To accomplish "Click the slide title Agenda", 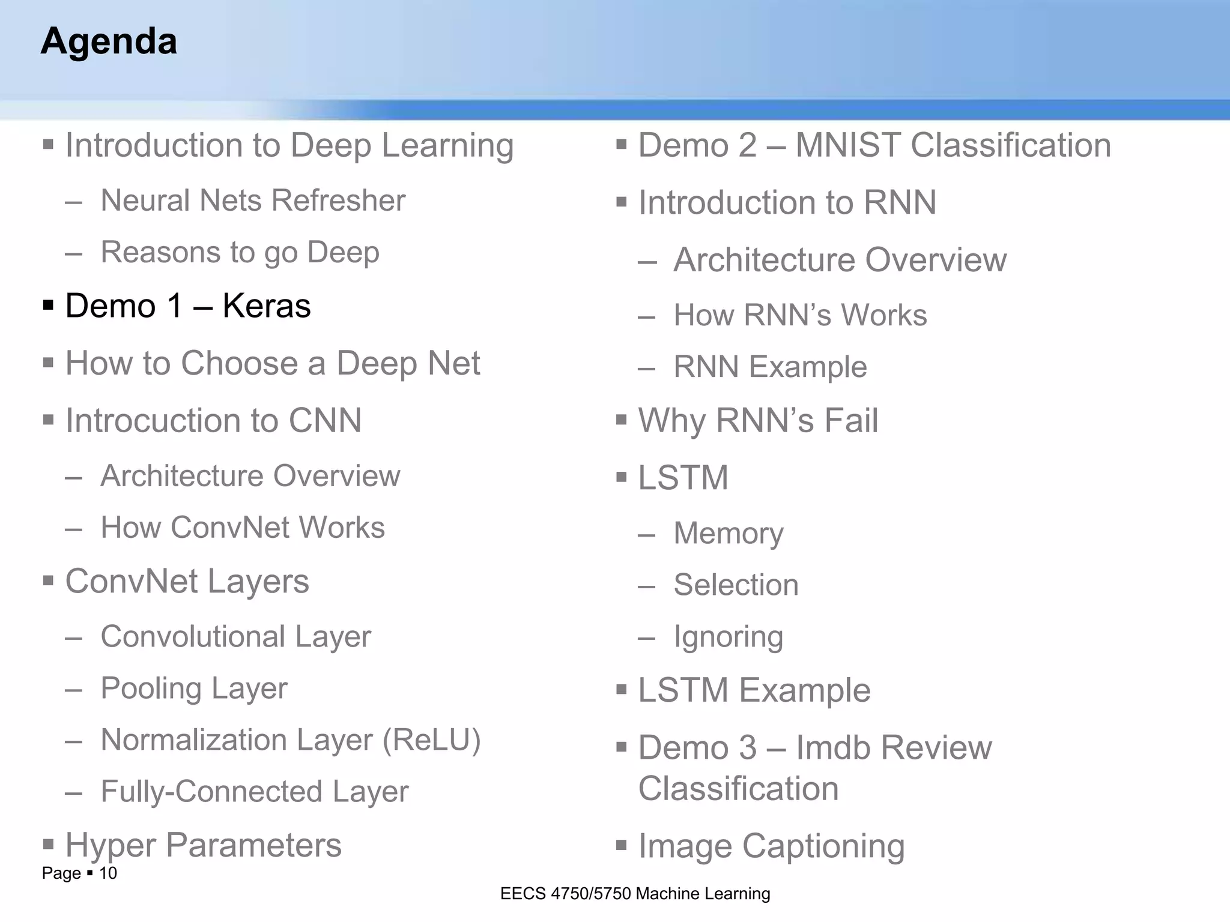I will tap(109, 41).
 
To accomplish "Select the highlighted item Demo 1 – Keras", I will tap(187, 306).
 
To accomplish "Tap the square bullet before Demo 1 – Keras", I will tap(49, 306).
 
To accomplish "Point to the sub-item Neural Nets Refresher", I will tap(252, 200).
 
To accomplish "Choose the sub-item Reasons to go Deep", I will tap(240, 252).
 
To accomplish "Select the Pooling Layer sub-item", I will tap(193, 688).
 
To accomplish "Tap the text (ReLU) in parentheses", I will tap(432, 740).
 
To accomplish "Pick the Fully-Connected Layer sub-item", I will tap(254, 792).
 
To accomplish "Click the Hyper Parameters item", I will tap(203, 846).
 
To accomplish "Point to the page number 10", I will tap(108, 873).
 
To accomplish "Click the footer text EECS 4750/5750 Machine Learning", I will tap(635, 894).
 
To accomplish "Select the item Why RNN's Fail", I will tap(757, 421).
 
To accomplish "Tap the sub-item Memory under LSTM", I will tap(728, 534).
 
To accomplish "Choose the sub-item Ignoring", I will tap(728, 637).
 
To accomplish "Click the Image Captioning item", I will tap(771, 846).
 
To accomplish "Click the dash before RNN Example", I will tap(646, 368).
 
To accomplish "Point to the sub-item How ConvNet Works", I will tap(242, 528).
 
